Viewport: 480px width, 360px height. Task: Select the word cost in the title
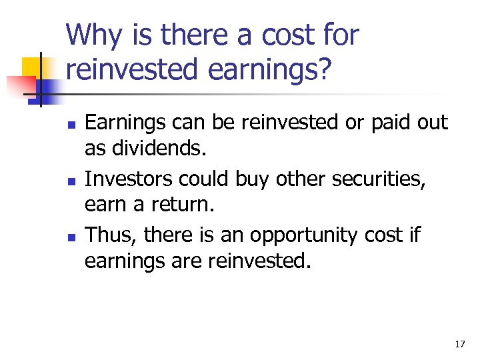[x=285, y=35]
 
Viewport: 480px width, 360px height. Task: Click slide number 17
[x=459, y=345]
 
